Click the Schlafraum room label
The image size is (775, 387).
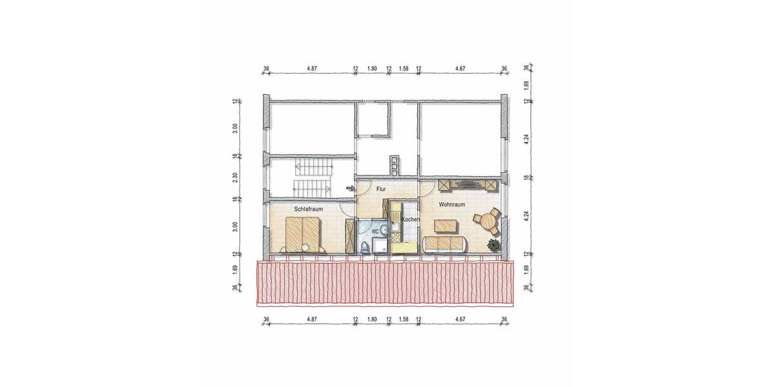pyautogui.click(x=308, y=209)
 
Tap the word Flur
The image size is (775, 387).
pyautogui.click(x=381, y=190)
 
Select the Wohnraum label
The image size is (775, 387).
pyautogui.click(x=451, y=204)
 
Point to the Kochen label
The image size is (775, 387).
pyautogui.click(x=411, y=220)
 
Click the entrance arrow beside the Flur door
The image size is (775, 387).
pyautogui.click(x=351, y=189)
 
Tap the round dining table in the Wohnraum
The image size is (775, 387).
pyautogui.click(x=486, y=221)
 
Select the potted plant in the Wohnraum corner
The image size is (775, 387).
pyautogui.click(x=493, y=245)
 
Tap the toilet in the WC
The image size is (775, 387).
pyautogui.click(x=366, y=246)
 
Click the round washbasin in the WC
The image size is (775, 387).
pyautogui.click(x=384, y=229)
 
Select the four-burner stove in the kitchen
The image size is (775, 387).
pyautogui.click(x=395, y=230)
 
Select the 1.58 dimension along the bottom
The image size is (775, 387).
pyautogui.click(x=404, y=319)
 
